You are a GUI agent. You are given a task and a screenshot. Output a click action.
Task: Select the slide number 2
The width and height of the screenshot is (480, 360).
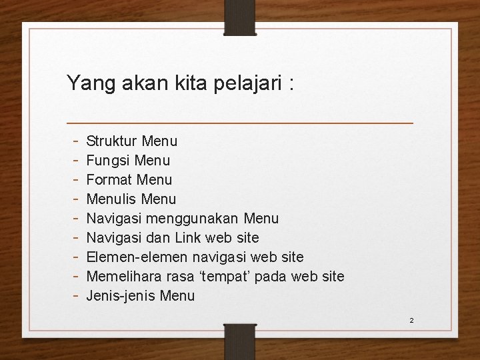tap(411, 321)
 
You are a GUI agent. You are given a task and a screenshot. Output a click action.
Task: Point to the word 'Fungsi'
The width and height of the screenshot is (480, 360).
tap(109, 161)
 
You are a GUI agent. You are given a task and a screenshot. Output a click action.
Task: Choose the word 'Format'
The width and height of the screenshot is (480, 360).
tap(110, 180)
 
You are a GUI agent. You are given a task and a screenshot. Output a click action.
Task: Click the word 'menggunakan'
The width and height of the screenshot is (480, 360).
tap(199, 219)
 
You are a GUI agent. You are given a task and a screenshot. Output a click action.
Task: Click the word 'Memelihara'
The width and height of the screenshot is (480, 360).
tap(121, 277)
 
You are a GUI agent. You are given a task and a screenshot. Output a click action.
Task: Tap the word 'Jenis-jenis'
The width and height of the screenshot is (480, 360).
tap(119, 296)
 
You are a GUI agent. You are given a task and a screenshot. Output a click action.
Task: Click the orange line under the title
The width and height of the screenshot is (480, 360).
tap(240, 123)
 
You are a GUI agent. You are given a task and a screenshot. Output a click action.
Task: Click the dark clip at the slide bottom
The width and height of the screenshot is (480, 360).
tap(240, 341)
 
